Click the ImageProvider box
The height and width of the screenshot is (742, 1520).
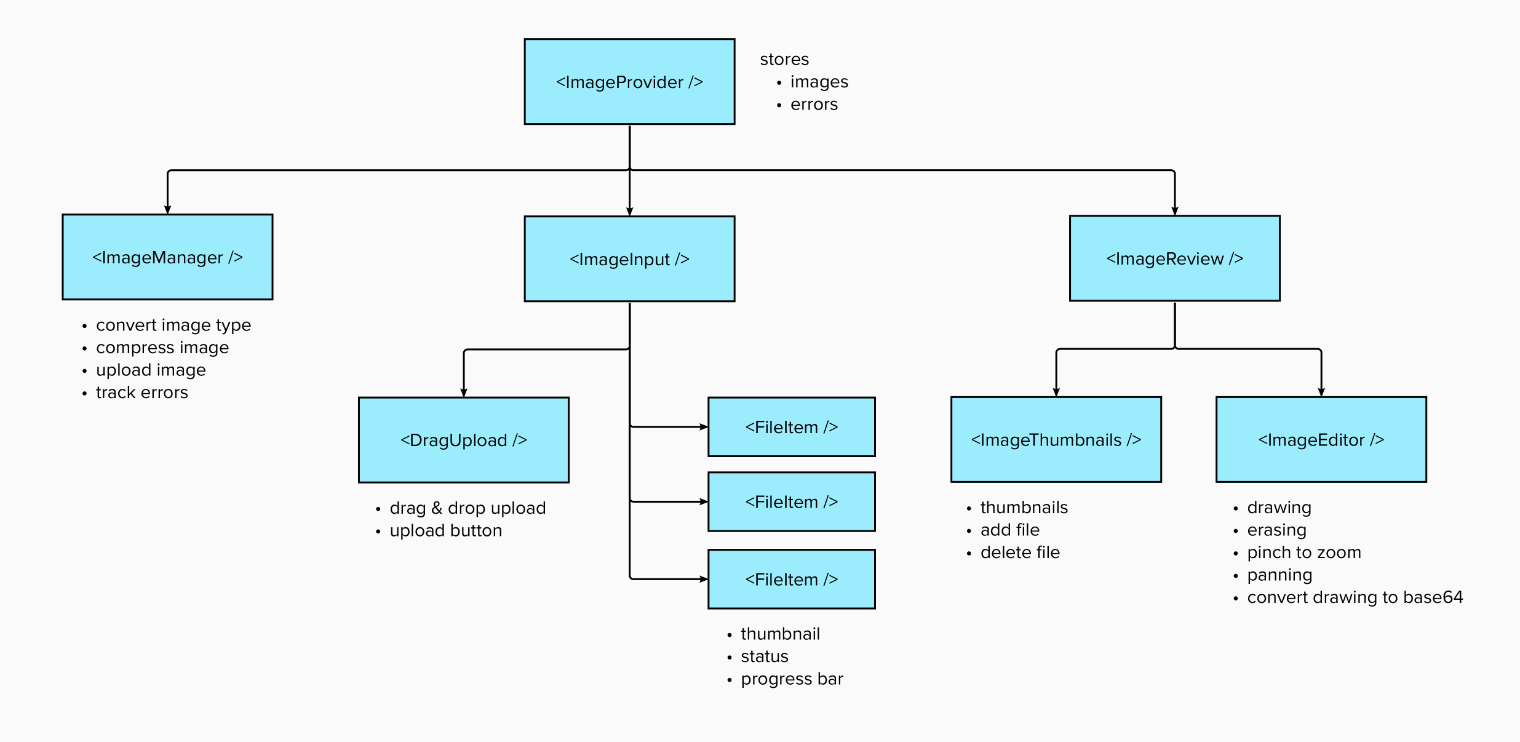pos(629,82)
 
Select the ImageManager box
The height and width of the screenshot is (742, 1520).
pos(167,257)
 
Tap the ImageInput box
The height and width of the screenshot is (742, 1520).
pos(629,259)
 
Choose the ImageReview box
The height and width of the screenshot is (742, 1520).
pos(1174,258)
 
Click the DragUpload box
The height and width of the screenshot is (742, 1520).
pos(463,440)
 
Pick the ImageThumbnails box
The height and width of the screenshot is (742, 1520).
pos(1056,439)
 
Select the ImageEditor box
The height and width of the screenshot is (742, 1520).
pos(1321,439)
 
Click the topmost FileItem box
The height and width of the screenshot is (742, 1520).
pos(791,427)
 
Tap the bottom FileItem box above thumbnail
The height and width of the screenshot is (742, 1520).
pos(791,579)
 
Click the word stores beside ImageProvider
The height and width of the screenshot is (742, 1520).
pos(784,60)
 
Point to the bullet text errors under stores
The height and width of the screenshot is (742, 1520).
pos(814,105)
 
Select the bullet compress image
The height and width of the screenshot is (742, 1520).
pos(162,348)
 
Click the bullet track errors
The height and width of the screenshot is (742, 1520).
pos(141,393)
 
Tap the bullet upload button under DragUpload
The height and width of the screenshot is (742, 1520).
pos(445,530)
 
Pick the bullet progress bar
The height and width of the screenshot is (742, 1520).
pos(792,679)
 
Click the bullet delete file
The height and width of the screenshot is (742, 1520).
pos(1020,553)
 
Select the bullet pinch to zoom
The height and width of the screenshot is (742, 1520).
pos(1303,553)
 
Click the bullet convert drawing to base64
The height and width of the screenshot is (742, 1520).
pos(1355,597)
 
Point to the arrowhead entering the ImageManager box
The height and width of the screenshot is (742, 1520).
pos(167,210)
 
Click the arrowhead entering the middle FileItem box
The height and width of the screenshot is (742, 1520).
pos(704,501)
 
